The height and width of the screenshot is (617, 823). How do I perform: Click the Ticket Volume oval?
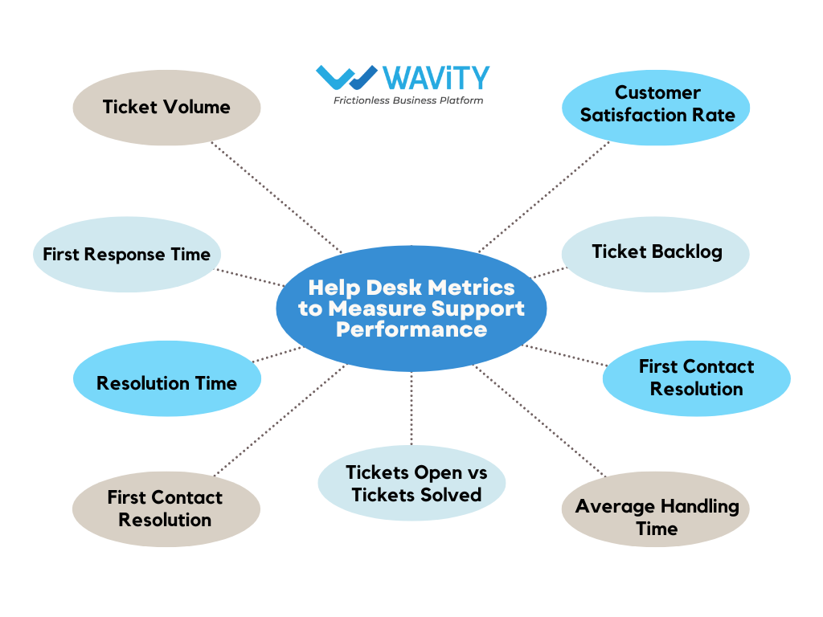click(166, 107)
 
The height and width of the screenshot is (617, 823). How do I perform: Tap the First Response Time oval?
click(126, 255)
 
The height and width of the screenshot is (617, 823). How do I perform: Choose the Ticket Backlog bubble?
click(655, 252)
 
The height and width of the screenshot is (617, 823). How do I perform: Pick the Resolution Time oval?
click(166, 383)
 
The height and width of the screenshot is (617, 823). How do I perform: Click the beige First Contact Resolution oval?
click(166, 509)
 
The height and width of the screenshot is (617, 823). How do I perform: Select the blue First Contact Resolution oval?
click(696, 378)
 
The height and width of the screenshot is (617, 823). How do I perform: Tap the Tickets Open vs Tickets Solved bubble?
click(412, 484)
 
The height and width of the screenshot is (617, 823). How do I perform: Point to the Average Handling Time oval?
click(656, 517)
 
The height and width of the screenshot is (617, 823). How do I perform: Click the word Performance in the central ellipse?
click(411, 329)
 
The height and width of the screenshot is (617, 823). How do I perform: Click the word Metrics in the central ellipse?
click(472, 288)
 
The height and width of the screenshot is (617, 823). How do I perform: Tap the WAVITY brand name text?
click(436, 78)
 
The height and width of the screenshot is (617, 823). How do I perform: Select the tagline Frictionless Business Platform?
click(408, 100)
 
